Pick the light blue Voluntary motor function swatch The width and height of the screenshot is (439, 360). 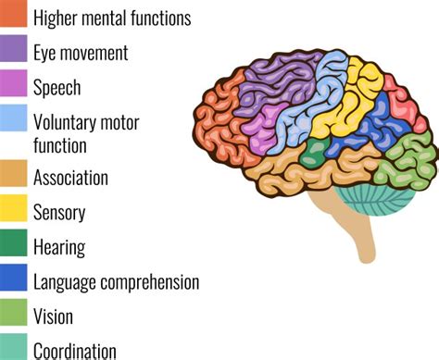coord(13,119)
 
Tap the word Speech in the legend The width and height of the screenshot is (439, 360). coord(56,88)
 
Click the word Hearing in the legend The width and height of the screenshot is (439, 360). coord(59,247)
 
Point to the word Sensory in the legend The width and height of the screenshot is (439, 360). coord(59,212)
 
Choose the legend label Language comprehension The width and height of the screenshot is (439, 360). coord(116,281)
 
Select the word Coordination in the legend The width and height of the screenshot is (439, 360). coord(75,351)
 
